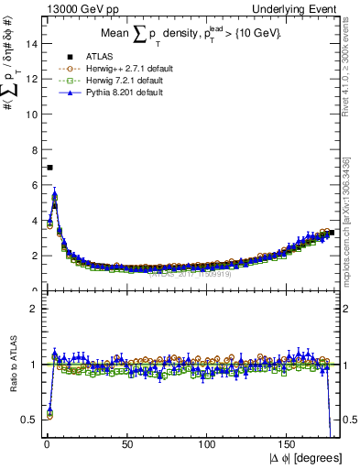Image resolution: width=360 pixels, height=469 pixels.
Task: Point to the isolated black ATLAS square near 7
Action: click(x=49, y=168)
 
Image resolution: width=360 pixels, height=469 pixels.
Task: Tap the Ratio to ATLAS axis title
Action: click(x=11, y=361)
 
